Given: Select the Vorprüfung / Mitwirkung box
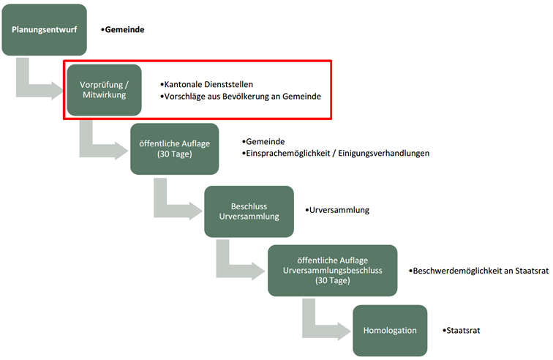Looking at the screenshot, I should (x=103, y=89).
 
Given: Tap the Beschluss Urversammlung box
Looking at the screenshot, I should (x=249, y=211).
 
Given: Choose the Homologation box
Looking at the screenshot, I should (x=390, y=330).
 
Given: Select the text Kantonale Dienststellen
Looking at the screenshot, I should (x=208, y=84).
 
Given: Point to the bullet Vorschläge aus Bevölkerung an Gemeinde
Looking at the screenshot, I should (x=241, y=97).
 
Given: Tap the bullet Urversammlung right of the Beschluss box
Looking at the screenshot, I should (x=339, y=210).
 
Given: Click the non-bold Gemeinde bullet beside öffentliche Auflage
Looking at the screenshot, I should (x=266, y=141).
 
